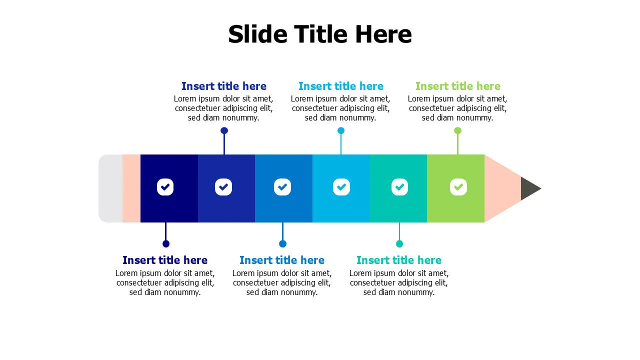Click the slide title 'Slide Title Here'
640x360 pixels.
pos(320,34)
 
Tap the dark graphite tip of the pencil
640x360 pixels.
pos(529,188)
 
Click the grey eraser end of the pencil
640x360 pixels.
pos(110,188)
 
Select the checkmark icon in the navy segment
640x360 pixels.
pos(165,187)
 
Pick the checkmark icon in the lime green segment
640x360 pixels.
pos(458,187)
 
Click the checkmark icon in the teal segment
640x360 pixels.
pos(399,187)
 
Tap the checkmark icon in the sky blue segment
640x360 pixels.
pos(341,187)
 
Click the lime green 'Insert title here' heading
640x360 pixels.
pos(457,86)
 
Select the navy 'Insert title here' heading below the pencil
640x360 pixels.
pos(165,260)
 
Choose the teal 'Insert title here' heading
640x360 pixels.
pos(399,260)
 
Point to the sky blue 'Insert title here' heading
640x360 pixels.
pos(341,86)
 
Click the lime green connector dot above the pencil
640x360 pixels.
pos(457,130)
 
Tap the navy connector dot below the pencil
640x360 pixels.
pos(166,243)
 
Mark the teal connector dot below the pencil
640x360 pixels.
pos(399,243)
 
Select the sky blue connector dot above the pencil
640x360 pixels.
pos(341,130)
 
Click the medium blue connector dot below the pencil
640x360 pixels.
pos(282,243)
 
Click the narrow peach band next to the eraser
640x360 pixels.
pos(131,188)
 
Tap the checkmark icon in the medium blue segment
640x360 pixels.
pos(282,187)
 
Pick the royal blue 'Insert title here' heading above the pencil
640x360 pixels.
pos(224,86)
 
